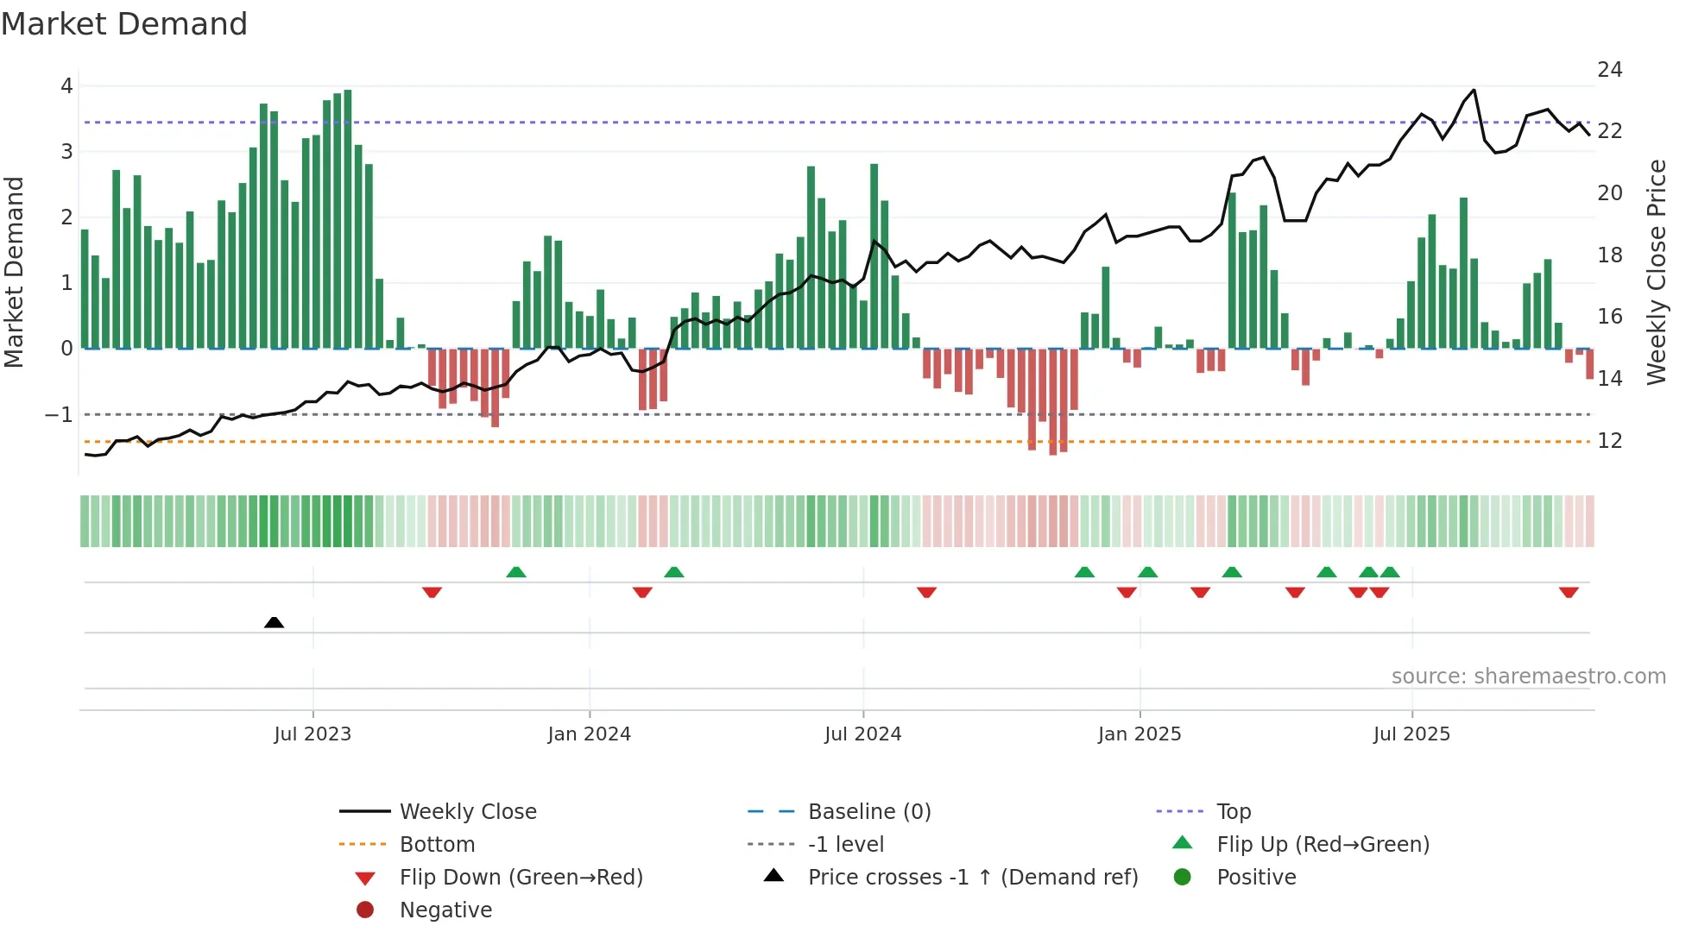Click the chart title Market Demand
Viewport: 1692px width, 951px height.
click(x=124, y=24)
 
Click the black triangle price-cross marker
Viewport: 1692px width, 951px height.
click(x=274, y=622)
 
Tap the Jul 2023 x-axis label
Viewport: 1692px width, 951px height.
click(x=313, y=734)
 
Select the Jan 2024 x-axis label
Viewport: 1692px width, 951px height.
click(x=590, y=734)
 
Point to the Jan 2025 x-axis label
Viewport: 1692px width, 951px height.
click(x=1140, y=734)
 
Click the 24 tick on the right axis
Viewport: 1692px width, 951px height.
click(x=1610, y=70)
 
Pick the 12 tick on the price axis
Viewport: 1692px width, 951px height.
click(x=1610, y=441)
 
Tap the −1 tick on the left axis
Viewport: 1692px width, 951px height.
click(x=59, y=415)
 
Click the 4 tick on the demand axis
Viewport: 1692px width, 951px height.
click(x=66, y=86)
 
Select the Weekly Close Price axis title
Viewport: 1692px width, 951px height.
click(x=1656, y=272)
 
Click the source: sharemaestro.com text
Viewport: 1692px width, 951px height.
click(x=1528, y=677)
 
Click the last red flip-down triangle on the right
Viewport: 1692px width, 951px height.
click(x=1569, y=592)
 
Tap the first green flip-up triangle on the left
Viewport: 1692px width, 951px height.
click(x=515, y=572)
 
